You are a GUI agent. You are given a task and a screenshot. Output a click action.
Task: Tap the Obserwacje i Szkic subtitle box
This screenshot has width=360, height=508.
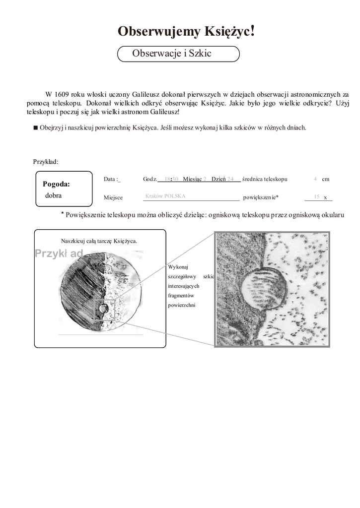pyautogui.click(x=178, y=54)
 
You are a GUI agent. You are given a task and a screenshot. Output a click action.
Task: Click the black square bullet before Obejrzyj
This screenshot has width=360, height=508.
pyautogui.click(x=35, y=127)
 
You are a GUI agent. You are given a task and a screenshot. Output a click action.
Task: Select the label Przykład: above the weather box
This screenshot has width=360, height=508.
pyautogui.click(x=46, y=162)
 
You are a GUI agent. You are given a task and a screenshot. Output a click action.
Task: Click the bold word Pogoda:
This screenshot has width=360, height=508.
pyautogui.click(x=56, y=184)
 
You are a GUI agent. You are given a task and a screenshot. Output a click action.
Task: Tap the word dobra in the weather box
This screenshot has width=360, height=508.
pyautogui.click(x=53, y=195)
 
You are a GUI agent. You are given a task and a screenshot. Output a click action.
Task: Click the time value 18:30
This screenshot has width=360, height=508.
pyautogui.click(x=171, y=179)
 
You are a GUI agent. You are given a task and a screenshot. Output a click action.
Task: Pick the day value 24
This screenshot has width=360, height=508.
pyautogui.click(x=230, y=179)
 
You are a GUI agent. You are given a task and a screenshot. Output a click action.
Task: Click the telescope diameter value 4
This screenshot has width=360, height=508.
pyautogui.click(x=315, y=179)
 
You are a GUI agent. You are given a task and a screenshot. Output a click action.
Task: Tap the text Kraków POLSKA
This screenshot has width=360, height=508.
pyautogui.click(x=165, y=196)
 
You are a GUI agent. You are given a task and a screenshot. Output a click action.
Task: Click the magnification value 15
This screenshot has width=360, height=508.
pyautogui.click(x=317, y=197)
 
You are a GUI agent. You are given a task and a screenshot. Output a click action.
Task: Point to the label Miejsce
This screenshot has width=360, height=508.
pyautogui.click(x=113, y=197)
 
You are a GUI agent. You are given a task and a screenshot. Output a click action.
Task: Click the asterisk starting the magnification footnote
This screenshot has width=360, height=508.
pyautogui.click(x=63, y=214)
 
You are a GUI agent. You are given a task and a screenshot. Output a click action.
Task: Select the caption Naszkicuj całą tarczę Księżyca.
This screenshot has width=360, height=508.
pyautogui.click(x=99, y=241)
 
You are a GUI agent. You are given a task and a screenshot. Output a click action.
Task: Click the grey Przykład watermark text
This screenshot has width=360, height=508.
pyautogui.click(x=59, y=254)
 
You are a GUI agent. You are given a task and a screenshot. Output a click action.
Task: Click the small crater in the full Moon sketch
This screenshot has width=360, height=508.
pyautogui.click(x=103, y=308)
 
